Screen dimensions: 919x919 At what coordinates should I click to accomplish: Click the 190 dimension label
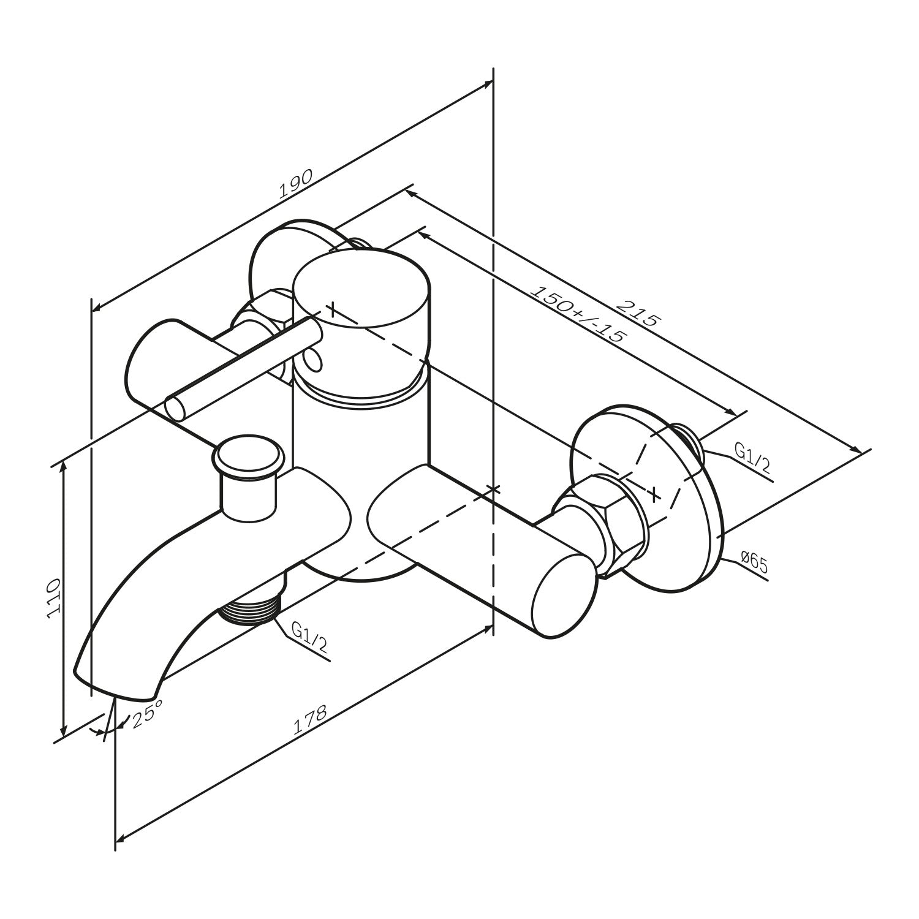296,183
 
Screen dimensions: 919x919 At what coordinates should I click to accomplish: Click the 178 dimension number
311,719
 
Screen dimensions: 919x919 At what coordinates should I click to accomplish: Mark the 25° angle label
146,714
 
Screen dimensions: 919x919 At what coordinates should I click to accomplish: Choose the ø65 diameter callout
754,562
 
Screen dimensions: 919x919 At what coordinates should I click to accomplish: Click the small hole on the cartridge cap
312,362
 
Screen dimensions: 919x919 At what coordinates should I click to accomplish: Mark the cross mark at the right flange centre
654,493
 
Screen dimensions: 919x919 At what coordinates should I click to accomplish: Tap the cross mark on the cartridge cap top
331,309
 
